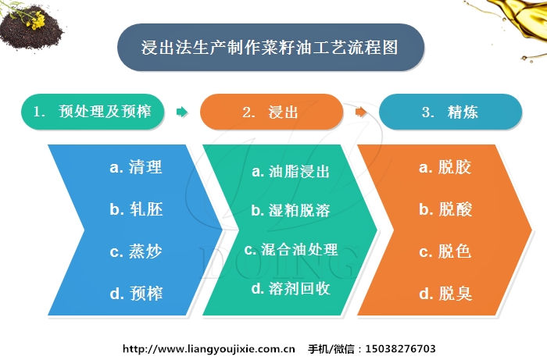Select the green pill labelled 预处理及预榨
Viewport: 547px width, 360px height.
94,112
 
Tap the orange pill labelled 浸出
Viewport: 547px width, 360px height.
271,112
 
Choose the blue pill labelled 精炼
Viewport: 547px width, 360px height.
450,112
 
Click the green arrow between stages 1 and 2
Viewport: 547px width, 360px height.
182,112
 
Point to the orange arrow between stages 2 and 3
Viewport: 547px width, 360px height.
360,112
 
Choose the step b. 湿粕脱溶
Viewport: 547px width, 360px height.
291,210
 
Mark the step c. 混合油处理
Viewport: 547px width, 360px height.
291,250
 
